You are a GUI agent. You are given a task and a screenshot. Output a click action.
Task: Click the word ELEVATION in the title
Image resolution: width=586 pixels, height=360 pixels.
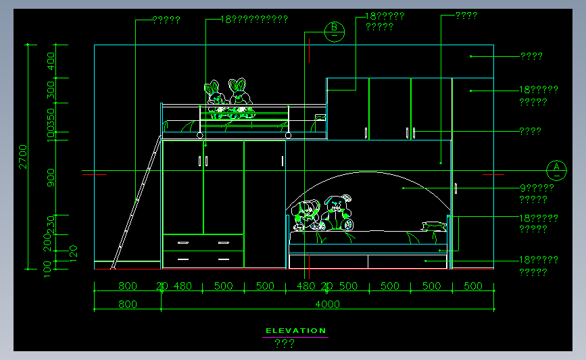coord(295,331)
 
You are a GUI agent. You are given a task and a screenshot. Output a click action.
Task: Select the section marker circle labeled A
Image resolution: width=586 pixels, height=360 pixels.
coord(556,169)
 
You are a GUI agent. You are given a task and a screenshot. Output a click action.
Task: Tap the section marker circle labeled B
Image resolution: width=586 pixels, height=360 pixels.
coord(334,30)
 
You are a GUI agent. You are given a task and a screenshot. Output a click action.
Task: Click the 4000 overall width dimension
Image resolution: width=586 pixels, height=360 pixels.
coord(327,304)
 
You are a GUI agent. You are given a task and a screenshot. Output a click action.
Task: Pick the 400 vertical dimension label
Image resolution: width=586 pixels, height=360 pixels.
coord(51,61)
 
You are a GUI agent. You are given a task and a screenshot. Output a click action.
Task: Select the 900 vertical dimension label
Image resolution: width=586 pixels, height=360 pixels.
coord(51,177)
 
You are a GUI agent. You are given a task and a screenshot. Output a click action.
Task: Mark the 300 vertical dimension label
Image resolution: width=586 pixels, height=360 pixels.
coord(51,91)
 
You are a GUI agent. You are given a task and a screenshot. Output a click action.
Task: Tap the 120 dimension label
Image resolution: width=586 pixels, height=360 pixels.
coord(74,253)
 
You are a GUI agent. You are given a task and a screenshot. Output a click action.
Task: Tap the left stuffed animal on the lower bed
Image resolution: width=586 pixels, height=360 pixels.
coord(305,214)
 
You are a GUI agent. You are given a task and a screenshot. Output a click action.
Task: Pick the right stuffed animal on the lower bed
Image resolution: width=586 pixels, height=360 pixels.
coord(339,211)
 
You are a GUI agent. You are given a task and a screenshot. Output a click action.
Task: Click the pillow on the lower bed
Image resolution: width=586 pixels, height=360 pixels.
coord(433,226)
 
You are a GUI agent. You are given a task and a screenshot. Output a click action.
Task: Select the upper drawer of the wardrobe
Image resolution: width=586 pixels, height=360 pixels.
coord(203,242)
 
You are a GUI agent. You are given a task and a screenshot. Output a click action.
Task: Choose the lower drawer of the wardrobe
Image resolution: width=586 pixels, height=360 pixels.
coord(203,259)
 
